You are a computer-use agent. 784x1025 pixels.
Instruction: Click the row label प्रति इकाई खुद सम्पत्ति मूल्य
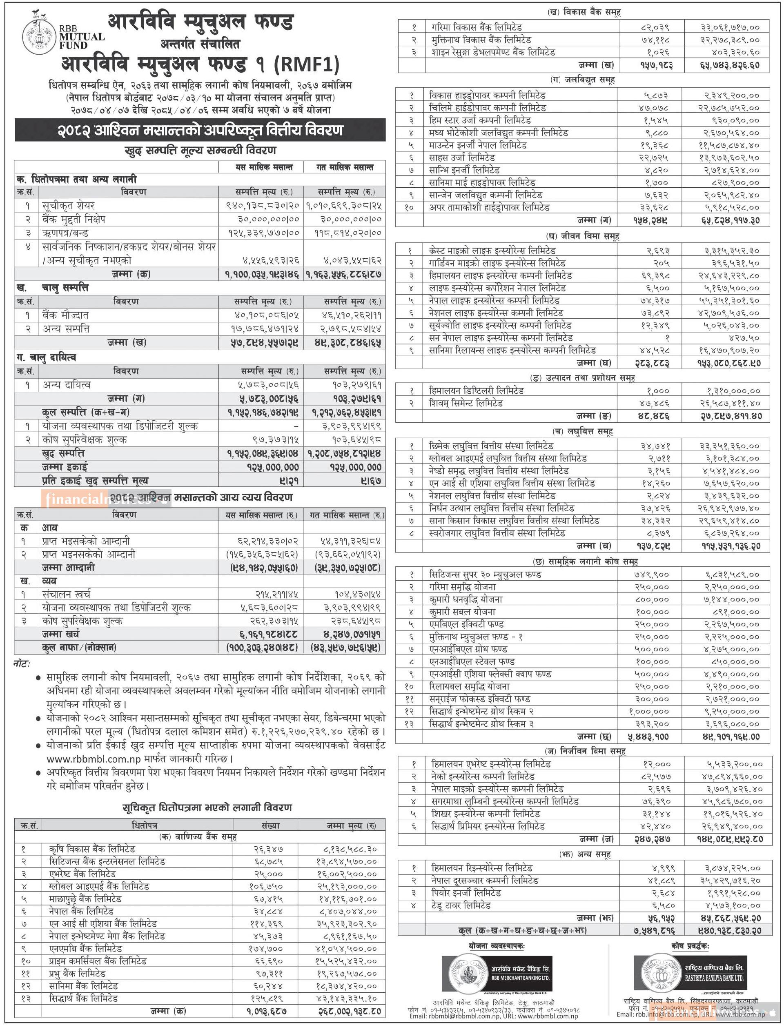[x=95, y=481]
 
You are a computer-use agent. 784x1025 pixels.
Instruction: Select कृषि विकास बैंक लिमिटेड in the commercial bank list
[x=92, y=849]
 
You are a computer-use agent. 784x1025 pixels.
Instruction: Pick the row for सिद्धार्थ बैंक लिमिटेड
[x=84, y=998]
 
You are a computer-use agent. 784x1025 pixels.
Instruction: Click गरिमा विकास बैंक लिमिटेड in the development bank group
[x=477, y=27]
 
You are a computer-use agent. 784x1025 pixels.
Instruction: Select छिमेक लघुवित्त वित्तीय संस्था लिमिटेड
[x=491, y=446]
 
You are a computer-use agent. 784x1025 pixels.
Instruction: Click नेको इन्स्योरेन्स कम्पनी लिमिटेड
[x=483, y=777]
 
